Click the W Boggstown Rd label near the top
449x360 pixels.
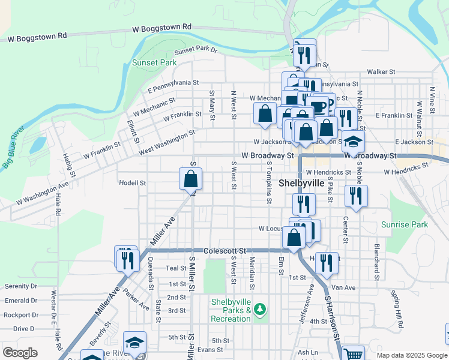161,27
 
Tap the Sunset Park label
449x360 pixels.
154,62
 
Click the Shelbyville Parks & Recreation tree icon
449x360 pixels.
259,310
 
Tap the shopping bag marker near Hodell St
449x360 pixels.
191,179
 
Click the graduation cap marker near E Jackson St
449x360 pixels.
354,142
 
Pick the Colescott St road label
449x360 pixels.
225,250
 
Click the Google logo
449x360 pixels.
20,352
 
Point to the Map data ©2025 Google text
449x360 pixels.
412,355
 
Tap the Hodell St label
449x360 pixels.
133,183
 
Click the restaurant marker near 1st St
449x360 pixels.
326,263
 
